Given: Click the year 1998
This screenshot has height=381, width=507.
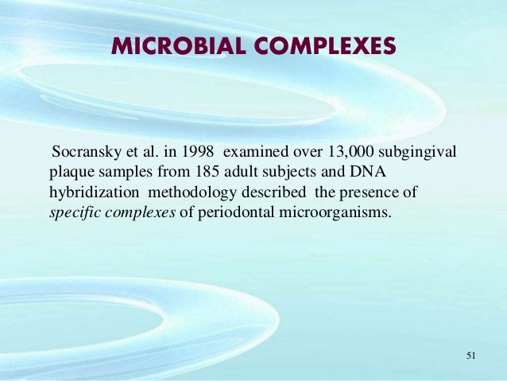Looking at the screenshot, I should click(x=199, y=152).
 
